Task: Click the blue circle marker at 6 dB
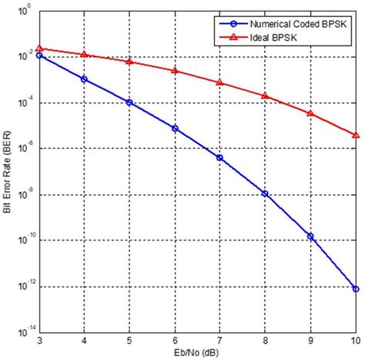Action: [x=175, y=128]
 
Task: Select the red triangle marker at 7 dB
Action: [x=220, y=82]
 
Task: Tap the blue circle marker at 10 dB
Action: [x=355, y=289]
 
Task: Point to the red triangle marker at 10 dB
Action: [x=355, y=135]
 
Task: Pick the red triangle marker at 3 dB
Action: [x=39, y=48]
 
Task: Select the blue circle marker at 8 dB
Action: [x=265, y=193]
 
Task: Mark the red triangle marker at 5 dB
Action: [x=129, y=61]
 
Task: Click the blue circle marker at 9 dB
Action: [x=310, y=236]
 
